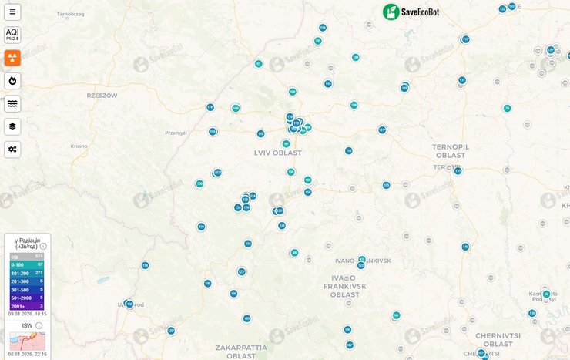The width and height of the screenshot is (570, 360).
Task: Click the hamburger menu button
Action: click(x=12, y=12)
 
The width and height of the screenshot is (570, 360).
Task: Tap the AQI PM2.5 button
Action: click(x=12, y=35)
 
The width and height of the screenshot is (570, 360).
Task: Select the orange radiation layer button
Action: click(x=12, y=58)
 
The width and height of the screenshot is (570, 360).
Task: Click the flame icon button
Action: click(x=12, y=80)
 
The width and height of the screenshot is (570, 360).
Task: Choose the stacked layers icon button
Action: click(x=12, y=126)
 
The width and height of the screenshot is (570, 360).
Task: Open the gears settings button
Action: click(x=12, y=149)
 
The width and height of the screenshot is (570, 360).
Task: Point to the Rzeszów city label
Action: click(x=102, y=96)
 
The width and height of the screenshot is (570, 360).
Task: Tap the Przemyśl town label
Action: click(x=176, y=133)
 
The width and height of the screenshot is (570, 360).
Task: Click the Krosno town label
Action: click(x=79, y=146)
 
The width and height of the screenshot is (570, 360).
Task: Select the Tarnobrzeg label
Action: click(x=70, y=14)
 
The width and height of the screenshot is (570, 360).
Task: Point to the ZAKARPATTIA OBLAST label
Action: click(x=235, y=352)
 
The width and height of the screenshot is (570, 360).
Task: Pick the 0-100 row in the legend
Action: click(x=27, y=264)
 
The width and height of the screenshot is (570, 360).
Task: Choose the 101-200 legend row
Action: click(x=27, y=273)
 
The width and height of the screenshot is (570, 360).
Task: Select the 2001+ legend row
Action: click(x=27, y=306)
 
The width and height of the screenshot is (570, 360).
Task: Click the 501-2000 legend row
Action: click(x=27, y=298)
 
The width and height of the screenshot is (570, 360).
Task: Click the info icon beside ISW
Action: click(x=39, y=325)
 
